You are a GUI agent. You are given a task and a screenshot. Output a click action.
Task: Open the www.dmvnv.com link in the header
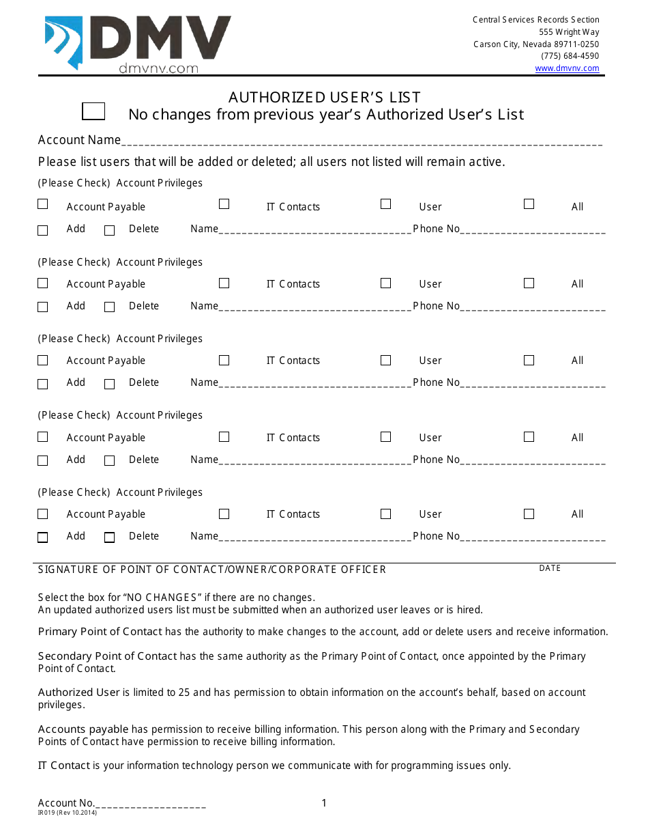(567, 68)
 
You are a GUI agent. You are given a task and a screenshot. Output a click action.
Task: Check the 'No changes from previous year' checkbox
(93, 111)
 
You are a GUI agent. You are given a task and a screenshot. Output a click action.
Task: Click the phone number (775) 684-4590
(570, 56)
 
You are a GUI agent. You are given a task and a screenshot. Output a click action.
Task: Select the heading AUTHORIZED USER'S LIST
(324, 97)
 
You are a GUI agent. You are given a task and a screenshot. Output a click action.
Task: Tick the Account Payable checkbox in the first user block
(43, 204)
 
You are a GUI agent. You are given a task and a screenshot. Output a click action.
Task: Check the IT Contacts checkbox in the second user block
(224, 283)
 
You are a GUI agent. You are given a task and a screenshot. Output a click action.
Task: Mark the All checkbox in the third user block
(529, 360)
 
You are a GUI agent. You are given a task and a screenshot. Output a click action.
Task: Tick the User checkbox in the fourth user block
(386, 437)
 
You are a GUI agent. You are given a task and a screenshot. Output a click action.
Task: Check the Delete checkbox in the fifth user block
(109, 537)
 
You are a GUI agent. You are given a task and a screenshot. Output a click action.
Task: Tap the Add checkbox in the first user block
(43, 231)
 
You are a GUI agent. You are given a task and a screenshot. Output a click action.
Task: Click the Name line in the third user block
(315, 384)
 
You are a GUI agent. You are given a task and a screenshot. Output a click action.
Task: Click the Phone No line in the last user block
(533, 537)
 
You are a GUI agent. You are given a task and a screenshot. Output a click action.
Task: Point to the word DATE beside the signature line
(550, 568)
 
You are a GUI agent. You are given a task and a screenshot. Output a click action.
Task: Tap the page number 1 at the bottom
(324, 803)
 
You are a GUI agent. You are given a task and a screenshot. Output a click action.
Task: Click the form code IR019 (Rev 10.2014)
(68, 813)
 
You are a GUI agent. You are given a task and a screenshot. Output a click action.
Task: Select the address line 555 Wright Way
(569, 32)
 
